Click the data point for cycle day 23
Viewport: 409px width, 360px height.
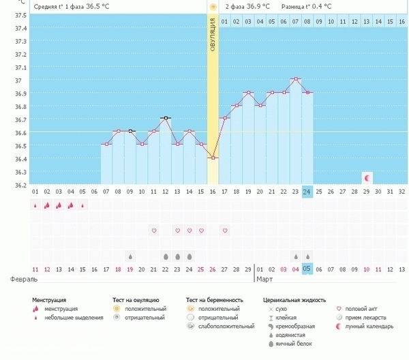pyautogui.click(x=295, y=79)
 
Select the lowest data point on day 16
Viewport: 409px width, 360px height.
pyautogui.click(x=213, y=157)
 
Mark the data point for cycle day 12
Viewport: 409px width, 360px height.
pyautogui.click(x=166, y=118)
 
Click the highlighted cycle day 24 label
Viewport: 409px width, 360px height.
pyautogui.click(x=307, y=192)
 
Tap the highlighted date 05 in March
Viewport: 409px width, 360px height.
pyautogui.click(x=307, y=269)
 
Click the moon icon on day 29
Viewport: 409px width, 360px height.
pyautogui.click(x=367, y=177)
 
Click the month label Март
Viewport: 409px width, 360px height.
pyautogui.click(x=264, y=280)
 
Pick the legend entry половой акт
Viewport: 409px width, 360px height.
pyautogui.click(x=359, y=308)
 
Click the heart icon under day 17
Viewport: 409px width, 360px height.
pyautogui.click(x=225, y=230)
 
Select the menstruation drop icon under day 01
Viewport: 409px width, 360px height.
pyautogui.click(x=35, y=205)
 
